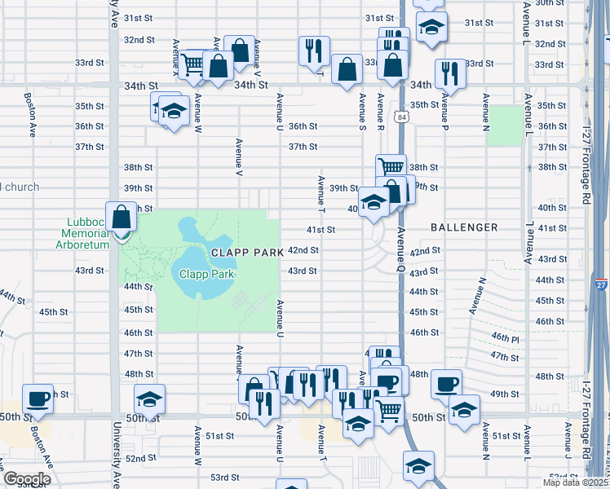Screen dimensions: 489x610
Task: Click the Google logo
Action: pyautogui.click(x=27, y=478)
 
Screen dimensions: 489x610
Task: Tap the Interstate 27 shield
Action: pyautogui.click(x=600, y=284)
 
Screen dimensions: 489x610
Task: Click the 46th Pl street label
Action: pyautogui.click(x=505, y=337)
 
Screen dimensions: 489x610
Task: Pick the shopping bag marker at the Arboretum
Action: pyautogui.click(x=122, y=218)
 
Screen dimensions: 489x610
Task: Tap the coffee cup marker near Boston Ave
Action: pyautogui.click(x=38, y=399)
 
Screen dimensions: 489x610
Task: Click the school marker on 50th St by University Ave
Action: pyautogui.click(x=149, y=399)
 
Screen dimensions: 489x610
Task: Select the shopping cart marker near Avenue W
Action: pyautogui.click(x=192, y=63)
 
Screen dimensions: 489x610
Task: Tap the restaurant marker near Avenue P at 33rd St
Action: pyautogui.click(x=449, y=74)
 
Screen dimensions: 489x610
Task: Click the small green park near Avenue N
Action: pyautogui.click(x=505, y=126)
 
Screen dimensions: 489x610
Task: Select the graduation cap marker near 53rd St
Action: pyautogui.click(x=418, y=467)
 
